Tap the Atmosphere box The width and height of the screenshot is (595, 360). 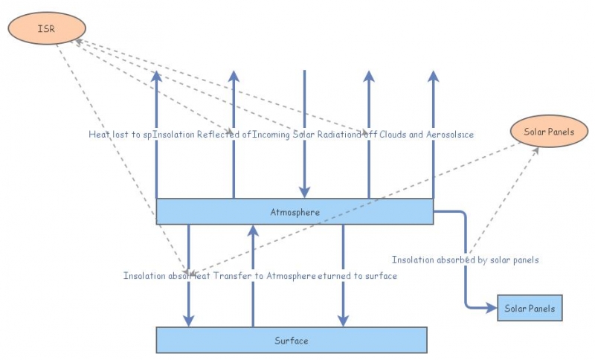tap(295, 211)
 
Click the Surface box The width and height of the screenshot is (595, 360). tap(291, 340)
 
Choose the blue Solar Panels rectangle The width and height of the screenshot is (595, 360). tap(529, 307)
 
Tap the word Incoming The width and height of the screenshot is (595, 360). tap(272, 134)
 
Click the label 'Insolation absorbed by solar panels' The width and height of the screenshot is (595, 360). tap(465, 260)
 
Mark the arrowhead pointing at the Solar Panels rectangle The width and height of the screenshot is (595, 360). tap(492, 306)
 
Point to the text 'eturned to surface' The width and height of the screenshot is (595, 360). tap(357, 275)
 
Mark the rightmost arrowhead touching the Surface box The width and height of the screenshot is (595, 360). tap(343, 321)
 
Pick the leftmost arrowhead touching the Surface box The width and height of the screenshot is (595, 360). tap(189, 321)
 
